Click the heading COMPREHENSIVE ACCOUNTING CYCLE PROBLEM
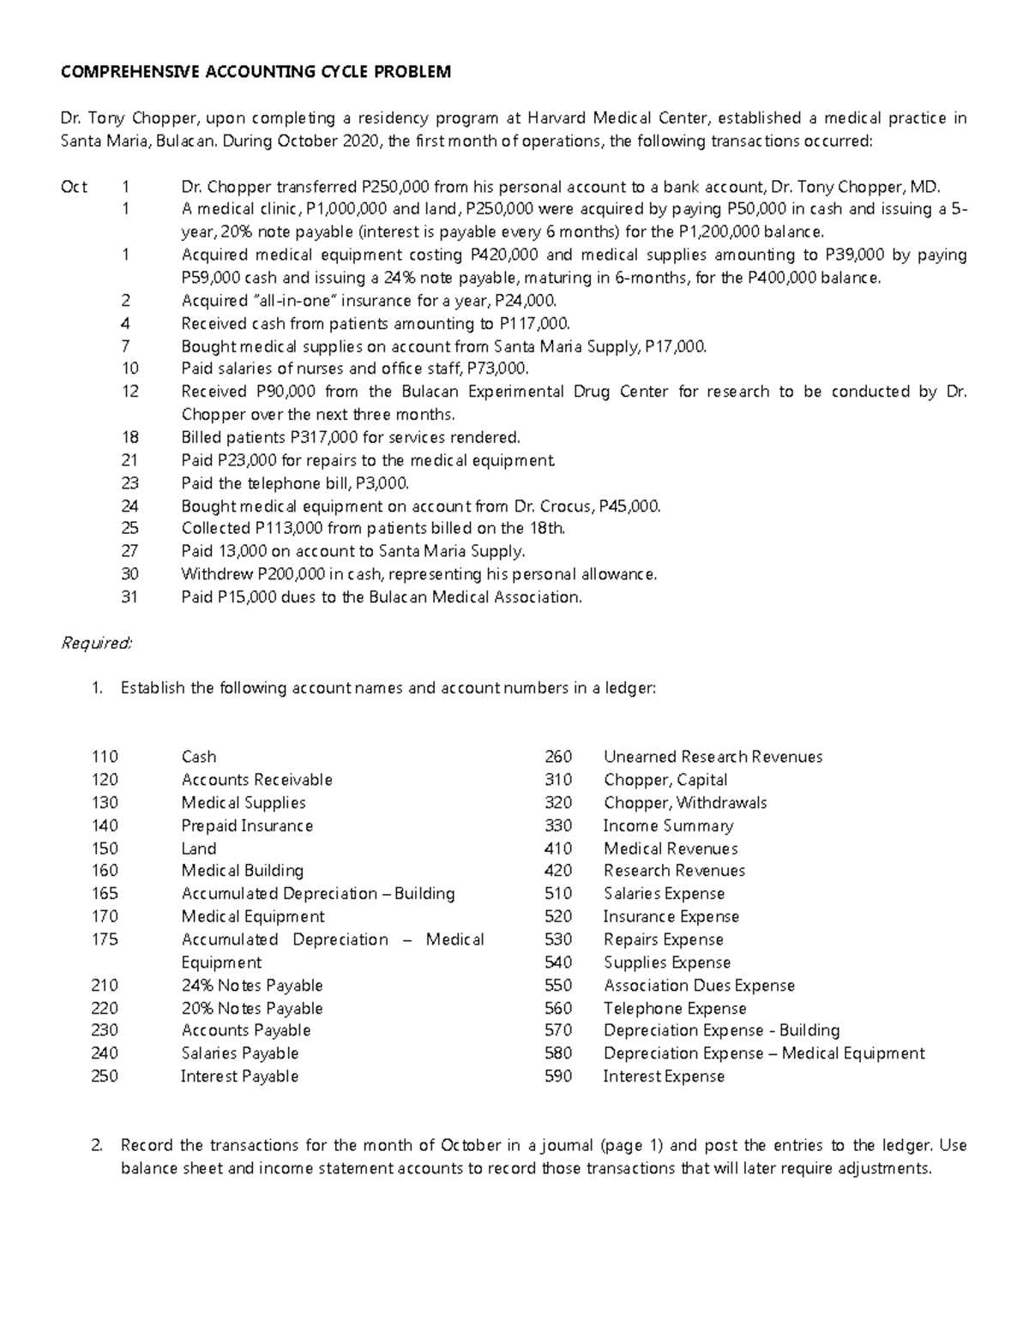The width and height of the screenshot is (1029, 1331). point(256,72)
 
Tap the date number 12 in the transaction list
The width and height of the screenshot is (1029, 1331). point(130,392)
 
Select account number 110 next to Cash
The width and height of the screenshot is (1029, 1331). point(105,757)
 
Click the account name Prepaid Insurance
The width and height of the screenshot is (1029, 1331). point(247,825)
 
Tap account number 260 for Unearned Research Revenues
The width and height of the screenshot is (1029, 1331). point(558,757)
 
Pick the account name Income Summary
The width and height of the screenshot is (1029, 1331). point(668,825)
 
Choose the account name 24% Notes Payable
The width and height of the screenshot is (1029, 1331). point(252,986)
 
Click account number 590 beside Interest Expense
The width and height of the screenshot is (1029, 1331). point(558,1076)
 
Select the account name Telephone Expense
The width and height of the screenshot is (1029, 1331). point(675,1009)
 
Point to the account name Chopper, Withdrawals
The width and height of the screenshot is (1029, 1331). point(685,803)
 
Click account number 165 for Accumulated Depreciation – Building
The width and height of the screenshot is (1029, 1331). point(105,894)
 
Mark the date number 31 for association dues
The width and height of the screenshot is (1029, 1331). point(129,597)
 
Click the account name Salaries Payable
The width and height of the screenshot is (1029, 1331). point(240,1053)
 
